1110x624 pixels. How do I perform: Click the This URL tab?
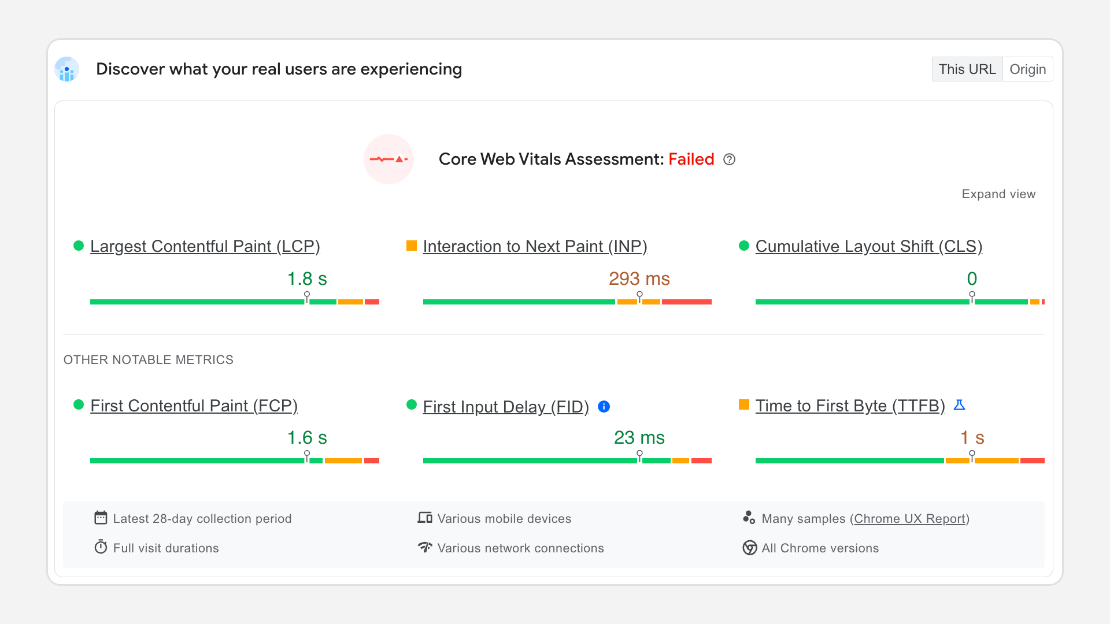click(967, 69)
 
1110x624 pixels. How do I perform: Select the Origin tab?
click(1027, 69)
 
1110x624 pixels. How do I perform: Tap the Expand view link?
click(998, 194)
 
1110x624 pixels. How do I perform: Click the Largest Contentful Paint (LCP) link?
click(205, 246)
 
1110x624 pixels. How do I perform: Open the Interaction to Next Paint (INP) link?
click(535, 246)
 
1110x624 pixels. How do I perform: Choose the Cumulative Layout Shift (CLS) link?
click(868, 246)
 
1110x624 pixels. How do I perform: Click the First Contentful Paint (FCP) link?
click(194, 406)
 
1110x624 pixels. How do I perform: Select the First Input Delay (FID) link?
click(506, 407)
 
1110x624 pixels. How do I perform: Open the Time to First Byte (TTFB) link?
click(850, 406)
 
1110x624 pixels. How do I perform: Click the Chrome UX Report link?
click(909, 519)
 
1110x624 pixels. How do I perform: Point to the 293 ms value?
click(639, 278)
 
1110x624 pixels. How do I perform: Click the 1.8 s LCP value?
click(307, 278)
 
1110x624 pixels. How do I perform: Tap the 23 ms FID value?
click(639, 437)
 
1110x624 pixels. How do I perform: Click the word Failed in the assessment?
click(691, 159)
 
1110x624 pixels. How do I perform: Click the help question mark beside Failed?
click(730, 159)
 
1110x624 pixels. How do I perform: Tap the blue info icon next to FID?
click(604, 407)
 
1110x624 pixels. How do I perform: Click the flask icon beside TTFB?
click(959, 405)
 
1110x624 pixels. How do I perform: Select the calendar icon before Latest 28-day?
click(101, 518)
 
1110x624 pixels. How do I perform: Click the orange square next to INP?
click(412, 246)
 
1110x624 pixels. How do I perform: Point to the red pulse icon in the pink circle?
click(388, 159)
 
